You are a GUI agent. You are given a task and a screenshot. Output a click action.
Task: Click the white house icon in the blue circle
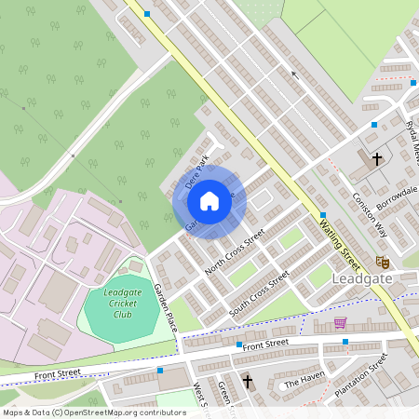(209, 200)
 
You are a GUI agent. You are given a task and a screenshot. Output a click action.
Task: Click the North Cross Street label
(235, 251)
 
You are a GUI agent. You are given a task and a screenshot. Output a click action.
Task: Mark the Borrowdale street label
(397, 196)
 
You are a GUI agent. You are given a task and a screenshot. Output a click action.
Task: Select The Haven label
(304, 383)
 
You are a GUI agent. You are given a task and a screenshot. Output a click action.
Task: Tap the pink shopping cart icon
(340, 323)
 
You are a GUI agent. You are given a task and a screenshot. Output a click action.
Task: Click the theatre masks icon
(380, 262)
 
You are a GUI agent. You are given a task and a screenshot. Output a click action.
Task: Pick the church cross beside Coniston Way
(377, 159)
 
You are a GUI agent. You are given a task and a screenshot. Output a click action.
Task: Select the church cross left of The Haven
(248, 381)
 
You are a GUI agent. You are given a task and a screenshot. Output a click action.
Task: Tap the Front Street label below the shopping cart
(265, 344)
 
